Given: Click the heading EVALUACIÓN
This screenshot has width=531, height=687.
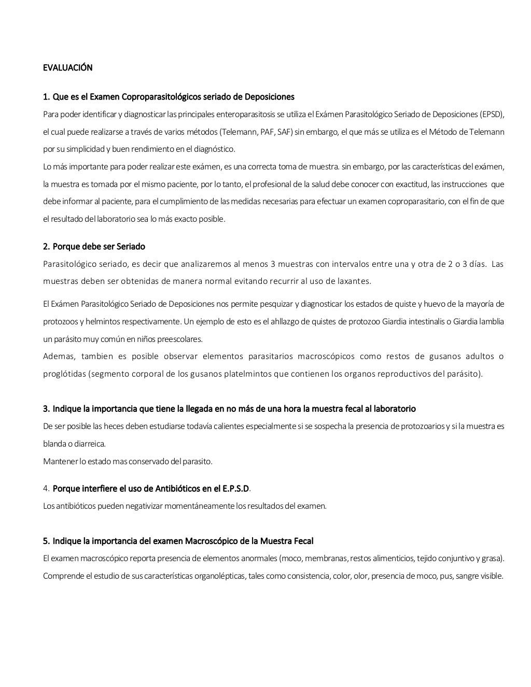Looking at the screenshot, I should pyautogui.click(x=67, y=68).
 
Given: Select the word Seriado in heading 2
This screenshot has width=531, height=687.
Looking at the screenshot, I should pyautogui.click(x=131, y=247).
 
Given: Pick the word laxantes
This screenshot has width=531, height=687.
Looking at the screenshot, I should pyautogui.click(x=353, y=281).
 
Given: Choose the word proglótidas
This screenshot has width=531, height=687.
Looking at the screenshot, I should pyautogui.click(x=65, y=374).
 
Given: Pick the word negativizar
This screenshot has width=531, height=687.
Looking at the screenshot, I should pyautogui.click(x=144, y=506).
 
